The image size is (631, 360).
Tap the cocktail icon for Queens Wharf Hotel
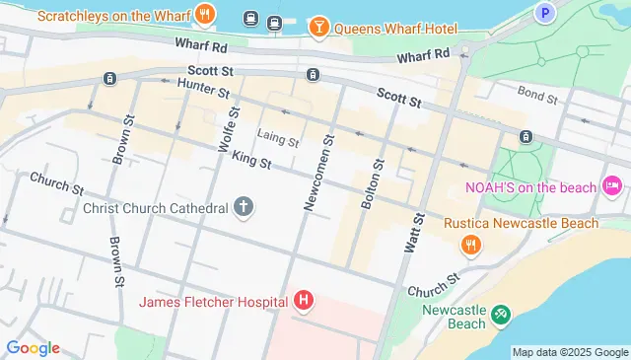[x=318, y=27]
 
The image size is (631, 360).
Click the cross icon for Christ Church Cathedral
[x=243, y=207]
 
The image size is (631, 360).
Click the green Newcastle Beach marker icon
[x=501, y=314]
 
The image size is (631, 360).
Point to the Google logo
[x=33, y=347]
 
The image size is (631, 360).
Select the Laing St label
[x=277, y=139]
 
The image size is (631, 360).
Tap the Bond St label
[x=537, y=97]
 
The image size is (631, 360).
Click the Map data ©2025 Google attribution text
[x=569, y=352]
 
